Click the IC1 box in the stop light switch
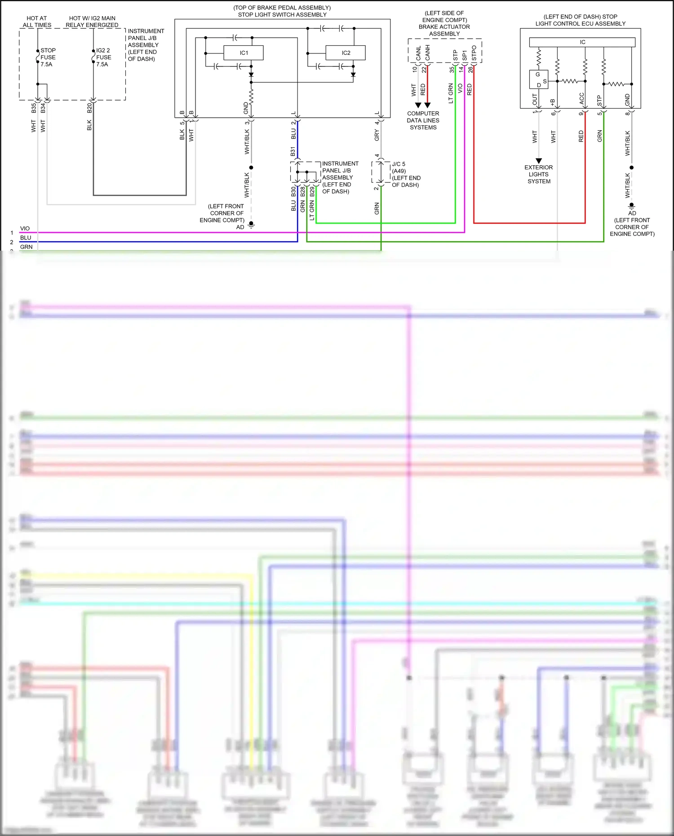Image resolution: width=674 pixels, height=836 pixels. tap(244, 53)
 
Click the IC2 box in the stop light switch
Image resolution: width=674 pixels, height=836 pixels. tap(346, 53)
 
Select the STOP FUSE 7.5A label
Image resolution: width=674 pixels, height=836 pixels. tap(48, 57)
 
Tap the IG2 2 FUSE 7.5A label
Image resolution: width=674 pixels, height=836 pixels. tap(103, 57)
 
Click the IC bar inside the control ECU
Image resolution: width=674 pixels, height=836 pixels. tap(582, 42)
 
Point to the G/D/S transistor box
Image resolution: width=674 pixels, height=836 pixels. tap(538, 80)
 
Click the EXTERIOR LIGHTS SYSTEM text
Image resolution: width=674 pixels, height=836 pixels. tap(539, 174)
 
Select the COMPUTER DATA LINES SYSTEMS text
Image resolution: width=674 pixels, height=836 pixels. tap(423, 120)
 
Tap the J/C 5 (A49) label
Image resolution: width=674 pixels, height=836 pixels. tap(399, 167)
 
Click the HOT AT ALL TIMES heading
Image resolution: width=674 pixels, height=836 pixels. tap(37, 22)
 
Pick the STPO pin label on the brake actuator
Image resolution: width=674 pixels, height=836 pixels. tap(474, 53)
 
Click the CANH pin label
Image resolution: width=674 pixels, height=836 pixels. tap(427, 53)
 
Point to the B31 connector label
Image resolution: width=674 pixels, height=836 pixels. tap(293, 151)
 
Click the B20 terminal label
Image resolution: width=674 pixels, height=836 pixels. tap(89, 108)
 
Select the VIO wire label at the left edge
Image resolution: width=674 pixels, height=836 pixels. tap(25, 229)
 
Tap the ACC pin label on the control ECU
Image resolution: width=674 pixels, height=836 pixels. tap(582, 99)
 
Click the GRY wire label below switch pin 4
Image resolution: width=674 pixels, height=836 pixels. tap(377, 135)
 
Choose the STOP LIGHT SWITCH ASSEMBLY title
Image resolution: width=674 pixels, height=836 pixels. tap(282, 14)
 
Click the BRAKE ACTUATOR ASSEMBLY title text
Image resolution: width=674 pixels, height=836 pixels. tap(444, 30)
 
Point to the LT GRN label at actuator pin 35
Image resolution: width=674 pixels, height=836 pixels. tap(451, 93)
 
